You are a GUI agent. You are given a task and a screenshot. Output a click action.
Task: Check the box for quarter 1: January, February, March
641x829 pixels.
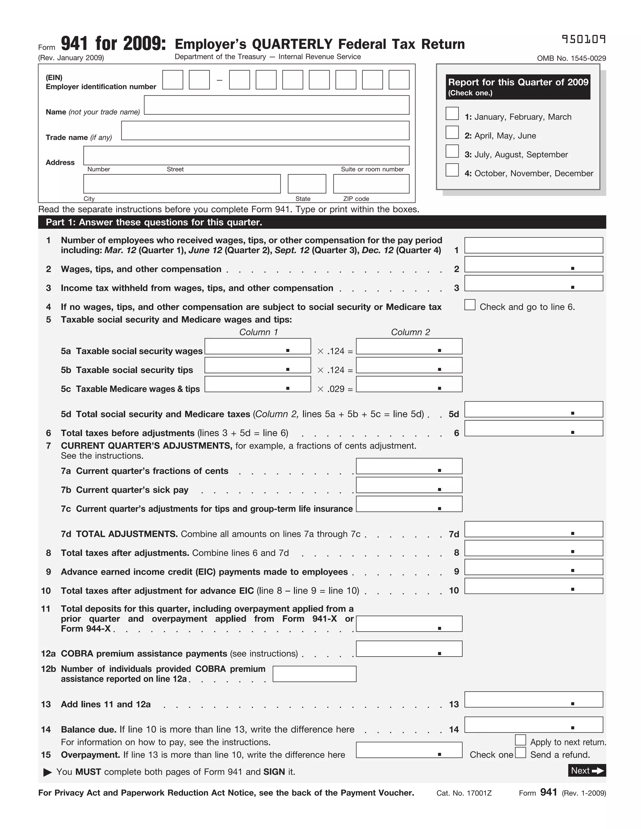pos(452,114)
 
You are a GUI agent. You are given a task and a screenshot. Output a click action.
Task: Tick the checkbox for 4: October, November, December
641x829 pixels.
pos(452,170)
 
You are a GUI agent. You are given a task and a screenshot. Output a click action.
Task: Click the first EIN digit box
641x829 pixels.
pos(172,80)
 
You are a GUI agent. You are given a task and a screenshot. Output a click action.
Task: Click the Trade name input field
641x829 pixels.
pos(265,130)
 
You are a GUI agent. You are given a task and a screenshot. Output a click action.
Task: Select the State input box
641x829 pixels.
pos(307,184)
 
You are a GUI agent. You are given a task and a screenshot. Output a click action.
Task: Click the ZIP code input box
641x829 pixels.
pos(371,184)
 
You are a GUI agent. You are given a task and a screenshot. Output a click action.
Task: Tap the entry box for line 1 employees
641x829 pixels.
pos(534,245)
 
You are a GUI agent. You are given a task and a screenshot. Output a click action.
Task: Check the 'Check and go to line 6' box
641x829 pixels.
pos(470,305)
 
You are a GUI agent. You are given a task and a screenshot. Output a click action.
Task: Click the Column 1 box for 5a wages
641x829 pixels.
pos(258,346)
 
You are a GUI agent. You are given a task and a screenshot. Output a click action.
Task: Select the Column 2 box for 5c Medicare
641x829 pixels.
pos(409,384)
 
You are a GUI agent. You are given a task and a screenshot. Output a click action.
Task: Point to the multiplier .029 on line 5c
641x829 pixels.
pos(336,389)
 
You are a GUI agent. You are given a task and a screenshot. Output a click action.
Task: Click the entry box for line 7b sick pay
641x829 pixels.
pos(409,485)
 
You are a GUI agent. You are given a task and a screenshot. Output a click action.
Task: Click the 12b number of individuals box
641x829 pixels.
pos(315,674)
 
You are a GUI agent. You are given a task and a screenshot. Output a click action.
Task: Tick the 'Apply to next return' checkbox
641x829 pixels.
pos(520,740)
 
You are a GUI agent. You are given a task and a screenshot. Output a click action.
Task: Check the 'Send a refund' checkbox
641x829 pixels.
pos(520,752)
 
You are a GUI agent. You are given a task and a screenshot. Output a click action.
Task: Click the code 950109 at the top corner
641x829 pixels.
pos(583,39)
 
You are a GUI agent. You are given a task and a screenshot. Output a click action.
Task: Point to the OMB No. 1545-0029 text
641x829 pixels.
pos(571,58)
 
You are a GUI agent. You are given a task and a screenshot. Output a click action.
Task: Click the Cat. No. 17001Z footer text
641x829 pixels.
pos(464,793)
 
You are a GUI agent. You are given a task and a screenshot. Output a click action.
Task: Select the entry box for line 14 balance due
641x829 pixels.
pos(534,725)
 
